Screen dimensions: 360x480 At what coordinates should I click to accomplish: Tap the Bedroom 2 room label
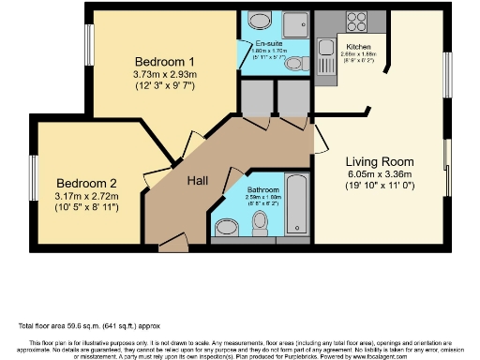coord(86,182)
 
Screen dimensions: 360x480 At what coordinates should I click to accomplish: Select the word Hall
coord(198,179)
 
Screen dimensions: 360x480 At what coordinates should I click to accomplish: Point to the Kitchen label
coord(359,46)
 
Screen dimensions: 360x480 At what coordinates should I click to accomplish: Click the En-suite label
coord(262,44)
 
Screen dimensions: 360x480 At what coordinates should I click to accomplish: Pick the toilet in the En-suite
coord(294,64)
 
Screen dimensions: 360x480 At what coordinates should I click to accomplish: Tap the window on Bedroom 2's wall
coord(33,178)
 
